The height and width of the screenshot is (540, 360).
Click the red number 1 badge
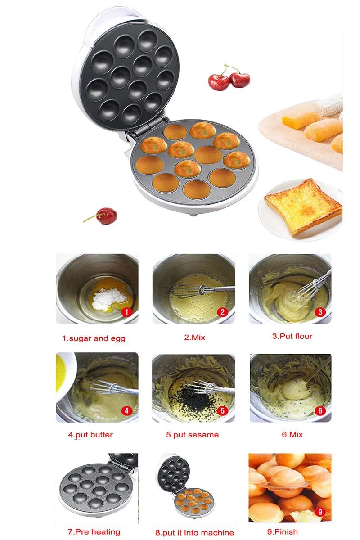click(126, 312)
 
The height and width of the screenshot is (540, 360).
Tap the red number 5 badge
click(223, 410)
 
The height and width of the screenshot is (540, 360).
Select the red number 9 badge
click(320, 512)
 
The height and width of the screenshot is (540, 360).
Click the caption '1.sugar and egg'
click(94, 338)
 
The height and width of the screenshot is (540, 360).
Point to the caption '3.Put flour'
click(292, 336)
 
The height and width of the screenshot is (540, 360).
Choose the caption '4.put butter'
click(90, 435)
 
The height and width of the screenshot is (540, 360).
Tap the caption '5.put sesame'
click(193, 435)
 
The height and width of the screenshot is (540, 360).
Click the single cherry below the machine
click(106, 216)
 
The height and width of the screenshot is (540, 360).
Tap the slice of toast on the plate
click(303, 207)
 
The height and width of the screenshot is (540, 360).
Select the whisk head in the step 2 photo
click(189, 291)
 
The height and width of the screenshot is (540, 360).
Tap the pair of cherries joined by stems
click(229, 77)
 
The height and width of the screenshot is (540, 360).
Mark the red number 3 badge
click(320, 312)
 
